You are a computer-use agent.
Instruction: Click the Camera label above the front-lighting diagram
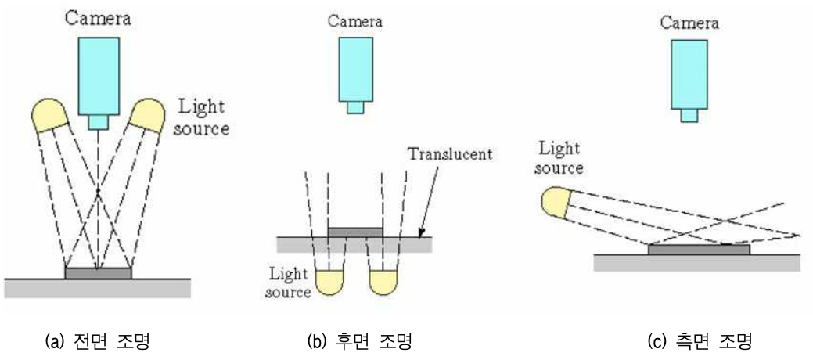[98, 16]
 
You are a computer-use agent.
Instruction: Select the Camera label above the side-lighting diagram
[689, 23]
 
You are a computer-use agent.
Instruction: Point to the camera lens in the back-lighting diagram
[354, 108]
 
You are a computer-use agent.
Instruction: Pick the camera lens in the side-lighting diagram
[689, 115]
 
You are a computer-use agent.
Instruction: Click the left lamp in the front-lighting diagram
[51, 114]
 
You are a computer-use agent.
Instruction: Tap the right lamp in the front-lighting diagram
[146, 114]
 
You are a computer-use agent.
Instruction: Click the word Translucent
[450, 154]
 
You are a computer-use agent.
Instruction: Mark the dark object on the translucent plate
[355, 232]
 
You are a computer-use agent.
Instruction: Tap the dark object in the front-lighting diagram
[98, 273]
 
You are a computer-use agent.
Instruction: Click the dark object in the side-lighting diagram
[699, 250]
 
